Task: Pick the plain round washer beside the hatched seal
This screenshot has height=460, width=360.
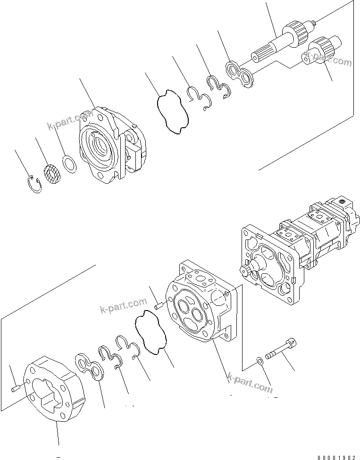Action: click(x=70, y=164)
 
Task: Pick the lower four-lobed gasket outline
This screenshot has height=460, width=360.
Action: click(x=151, y=335)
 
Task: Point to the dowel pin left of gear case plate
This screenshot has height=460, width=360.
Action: click(x=16, y=387)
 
